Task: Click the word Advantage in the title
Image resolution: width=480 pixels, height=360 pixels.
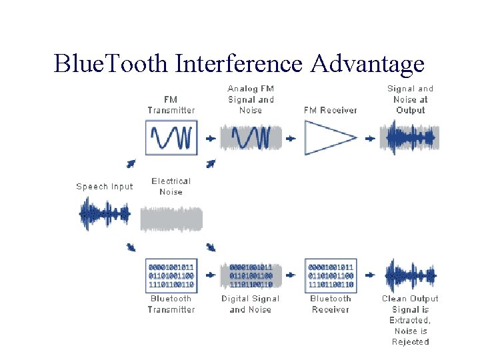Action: [367, 64]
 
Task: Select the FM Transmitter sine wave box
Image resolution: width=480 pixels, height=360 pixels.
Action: [171, 137]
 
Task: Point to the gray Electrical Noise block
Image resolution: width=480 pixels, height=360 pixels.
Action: [171, 219]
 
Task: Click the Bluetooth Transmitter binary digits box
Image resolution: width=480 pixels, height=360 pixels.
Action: [171, 275]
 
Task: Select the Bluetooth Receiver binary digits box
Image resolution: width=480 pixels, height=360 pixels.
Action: [331, 275]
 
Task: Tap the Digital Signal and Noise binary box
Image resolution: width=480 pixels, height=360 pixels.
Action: [251, 275]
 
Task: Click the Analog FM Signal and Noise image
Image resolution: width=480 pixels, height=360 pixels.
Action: [251, 137]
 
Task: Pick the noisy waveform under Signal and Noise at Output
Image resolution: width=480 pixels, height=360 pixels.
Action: [410, 137]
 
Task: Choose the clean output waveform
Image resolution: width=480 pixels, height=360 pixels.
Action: [410, 275]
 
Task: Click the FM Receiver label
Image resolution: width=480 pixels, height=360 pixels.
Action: [331, 110]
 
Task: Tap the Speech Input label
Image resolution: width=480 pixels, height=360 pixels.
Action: [105, 187]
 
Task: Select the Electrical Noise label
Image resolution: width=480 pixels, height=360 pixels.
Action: [171, 186]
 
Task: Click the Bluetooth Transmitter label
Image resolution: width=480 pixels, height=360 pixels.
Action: [171, 304]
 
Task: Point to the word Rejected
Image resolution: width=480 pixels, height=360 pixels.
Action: [410, 342]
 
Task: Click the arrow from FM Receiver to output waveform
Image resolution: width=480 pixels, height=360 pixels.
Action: [370, 139]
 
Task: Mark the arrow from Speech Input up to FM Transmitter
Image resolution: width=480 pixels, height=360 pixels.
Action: [131, 163]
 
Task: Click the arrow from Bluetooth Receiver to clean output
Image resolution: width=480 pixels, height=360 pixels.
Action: [370, 275]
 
